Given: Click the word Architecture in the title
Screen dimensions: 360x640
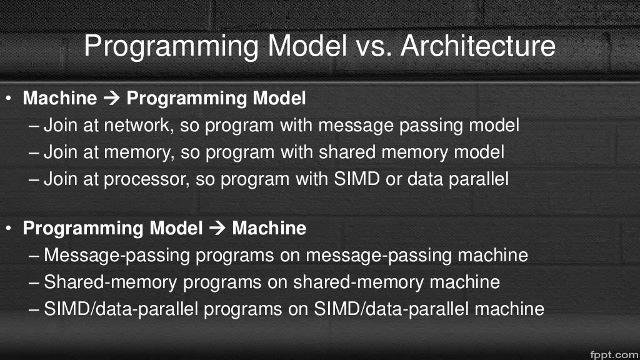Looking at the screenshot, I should (x=479, y=46).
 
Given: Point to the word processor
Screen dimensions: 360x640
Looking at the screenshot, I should (x=145, y=179).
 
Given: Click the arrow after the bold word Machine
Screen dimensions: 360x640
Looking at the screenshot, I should (x=112, y=99).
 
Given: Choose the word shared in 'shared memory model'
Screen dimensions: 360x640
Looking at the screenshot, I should (x=352, y=152).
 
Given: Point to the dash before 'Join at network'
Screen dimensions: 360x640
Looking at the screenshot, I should (x=35, y=126).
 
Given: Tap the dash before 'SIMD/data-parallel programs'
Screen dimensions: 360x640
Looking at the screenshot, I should (x=35, y=309).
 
